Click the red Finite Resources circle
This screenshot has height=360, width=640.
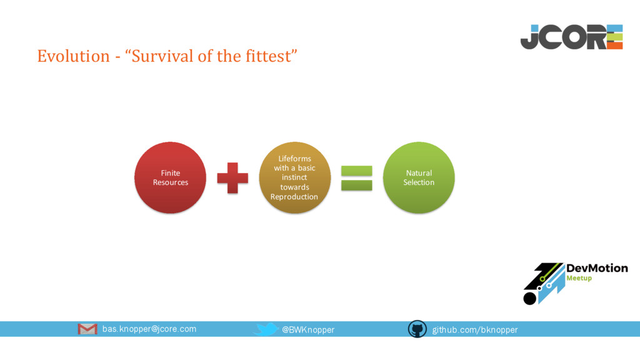click(x=171, y=177)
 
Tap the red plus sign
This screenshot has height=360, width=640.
click(x=232, y=178)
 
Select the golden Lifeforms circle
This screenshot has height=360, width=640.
click(x=294, y=177)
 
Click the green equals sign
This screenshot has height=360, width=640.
click(x=356, y=178)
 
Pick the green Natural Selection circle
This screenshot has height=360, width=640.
click(x=418, y=177)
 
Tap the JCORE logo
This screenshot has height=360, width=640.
click(x=571, y=37)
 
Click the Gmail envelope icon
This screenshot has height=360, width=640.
click(x=87, y=329)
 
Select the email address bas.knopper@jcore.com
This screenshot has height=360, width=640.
click(x=149, y=329)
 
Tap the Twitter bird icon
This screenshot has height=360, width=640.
click(x=267, y=329)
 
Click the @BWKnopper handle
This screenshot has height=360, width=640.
click(x=308, y=329)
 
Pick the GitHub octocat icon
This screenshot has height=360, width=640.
click(x=417, y=329)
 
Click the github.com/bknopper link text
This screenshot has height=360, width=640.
click(x=475, y=329)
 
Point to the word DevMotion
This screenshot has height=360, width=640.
click(x=596, y=268)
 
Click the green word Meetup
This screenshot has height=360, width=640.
click(x=579, y=278)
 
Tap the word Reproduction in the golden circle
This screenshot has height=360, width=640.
click(x=294, y=196)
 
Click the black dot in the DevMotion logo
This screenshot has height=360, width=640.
click(x=529, y=298)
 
